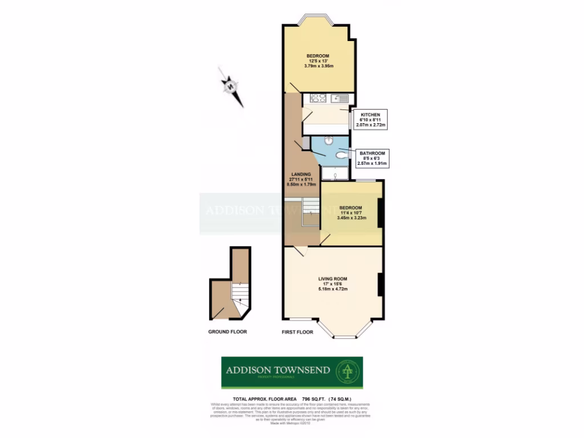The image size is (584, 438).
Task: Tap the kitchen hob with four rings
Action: coord(317,98)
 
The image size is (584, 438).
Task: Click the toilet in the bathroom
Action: coord(342,154)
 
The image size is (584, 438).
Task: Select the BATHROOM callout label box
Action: coord(372,159)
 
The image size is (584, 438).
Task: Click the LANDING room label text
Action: coord(301,175)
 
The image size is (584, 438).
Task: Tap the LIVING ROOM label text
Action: coord(332,278)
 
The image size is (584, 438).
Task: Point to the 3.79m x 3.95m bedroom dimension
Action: coord(319,66)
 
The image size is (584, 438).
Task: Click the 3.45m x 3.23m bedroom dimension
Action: coord(351,218)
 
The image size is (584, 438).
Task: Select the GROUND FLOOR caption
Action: coord(228,331)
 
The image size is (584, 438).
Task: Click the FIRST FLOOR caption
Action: coord(298,331)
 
